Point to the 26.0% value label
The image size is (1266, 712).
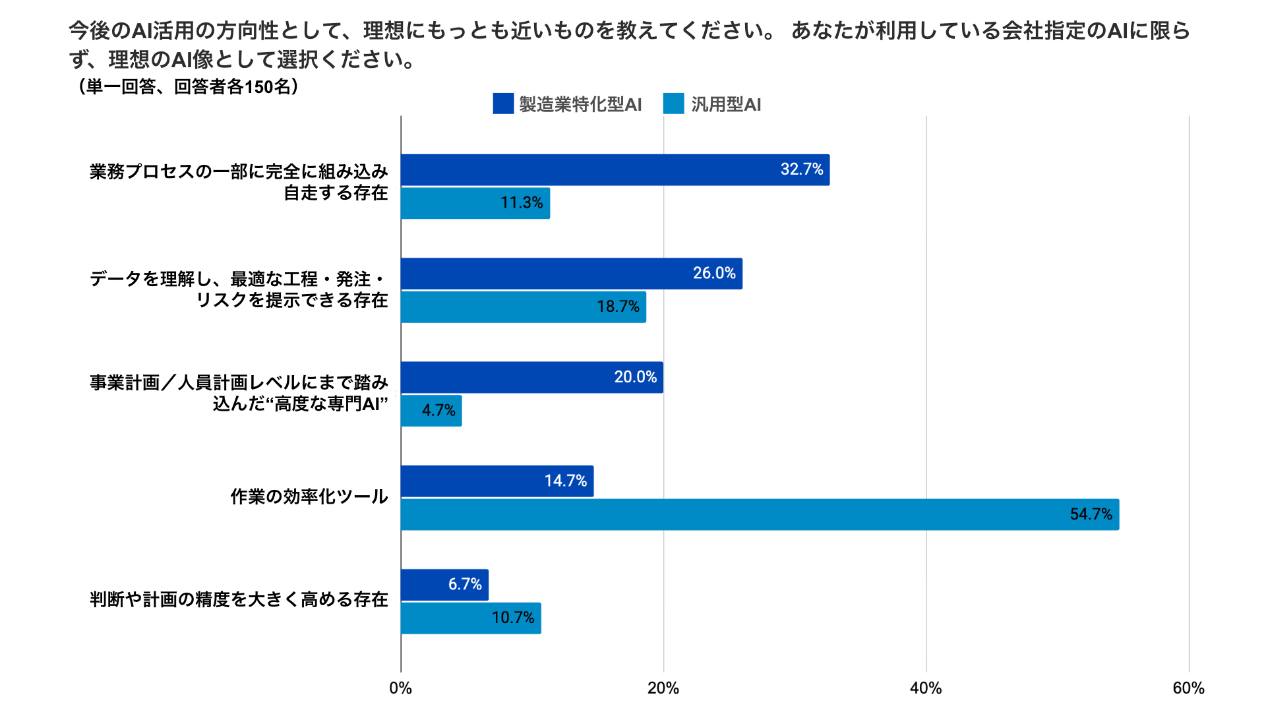(x=714, y=273)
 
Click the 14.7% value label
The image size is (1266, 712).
(x=566, y=481)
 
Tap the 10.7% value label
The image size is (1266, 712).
(x=513, y=618)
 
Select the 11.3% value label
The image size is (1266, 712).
(x=522, y=202)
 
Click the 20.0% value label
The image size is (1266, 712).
(x=636, y=377)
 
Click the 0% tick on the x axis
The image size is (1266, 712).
(x=400, y=688)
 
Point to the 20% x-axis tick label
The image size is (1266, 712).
(x=663, y=688)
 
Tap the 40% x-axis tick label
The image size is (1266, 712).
(x=926, y=688)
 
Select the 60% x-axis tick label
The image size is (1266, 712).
(x=1188, y=688)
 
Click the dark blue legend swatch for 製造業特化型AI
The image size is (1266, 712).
(x=503, y=104)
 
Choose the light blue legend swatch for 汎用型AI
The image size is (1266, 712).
(x=673, y=104)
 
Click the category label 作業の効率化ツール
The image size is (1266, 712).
(x=309, y=496)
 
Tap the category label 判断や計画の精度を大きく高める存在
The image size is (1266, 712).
(x=239, y=599)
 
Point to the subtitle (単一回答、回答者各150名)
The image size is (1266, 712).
(x=188, y=86)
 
